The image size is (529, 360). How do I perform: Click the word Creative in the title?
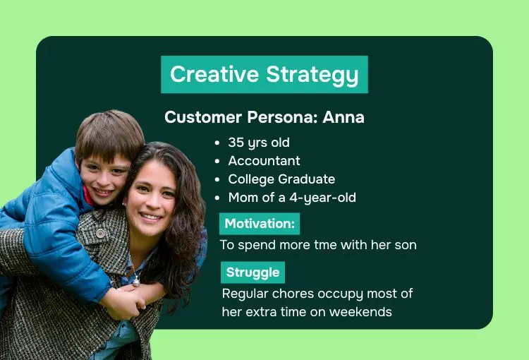[x=214, y=74]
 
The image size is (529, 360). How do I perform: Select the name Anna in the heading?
[x=343, y=117]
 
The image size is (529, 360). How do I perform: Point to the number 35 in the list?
[x=236, y=143]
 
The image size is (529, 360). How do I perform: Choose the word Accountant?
[x=264, y=161]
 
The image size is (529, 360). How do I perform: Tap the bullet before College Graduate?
[x=217, y=180]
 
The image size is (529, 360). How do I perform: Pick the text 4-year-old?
[x=322, y=198]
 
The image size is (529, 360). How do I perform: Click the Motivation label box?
[x=260, y=224]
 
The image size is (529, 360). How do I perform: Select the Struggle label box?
[x=253, y=272]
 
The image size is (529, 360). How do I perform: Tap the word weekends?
[x=360, y=312]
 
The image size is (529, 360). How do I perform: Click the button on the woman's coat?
[x=100, y=233]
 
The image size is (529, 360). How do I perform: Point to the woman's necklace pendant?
[x=135, y=281]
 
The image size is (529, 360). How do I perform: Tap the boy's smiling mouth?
[x=102, y=192]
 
